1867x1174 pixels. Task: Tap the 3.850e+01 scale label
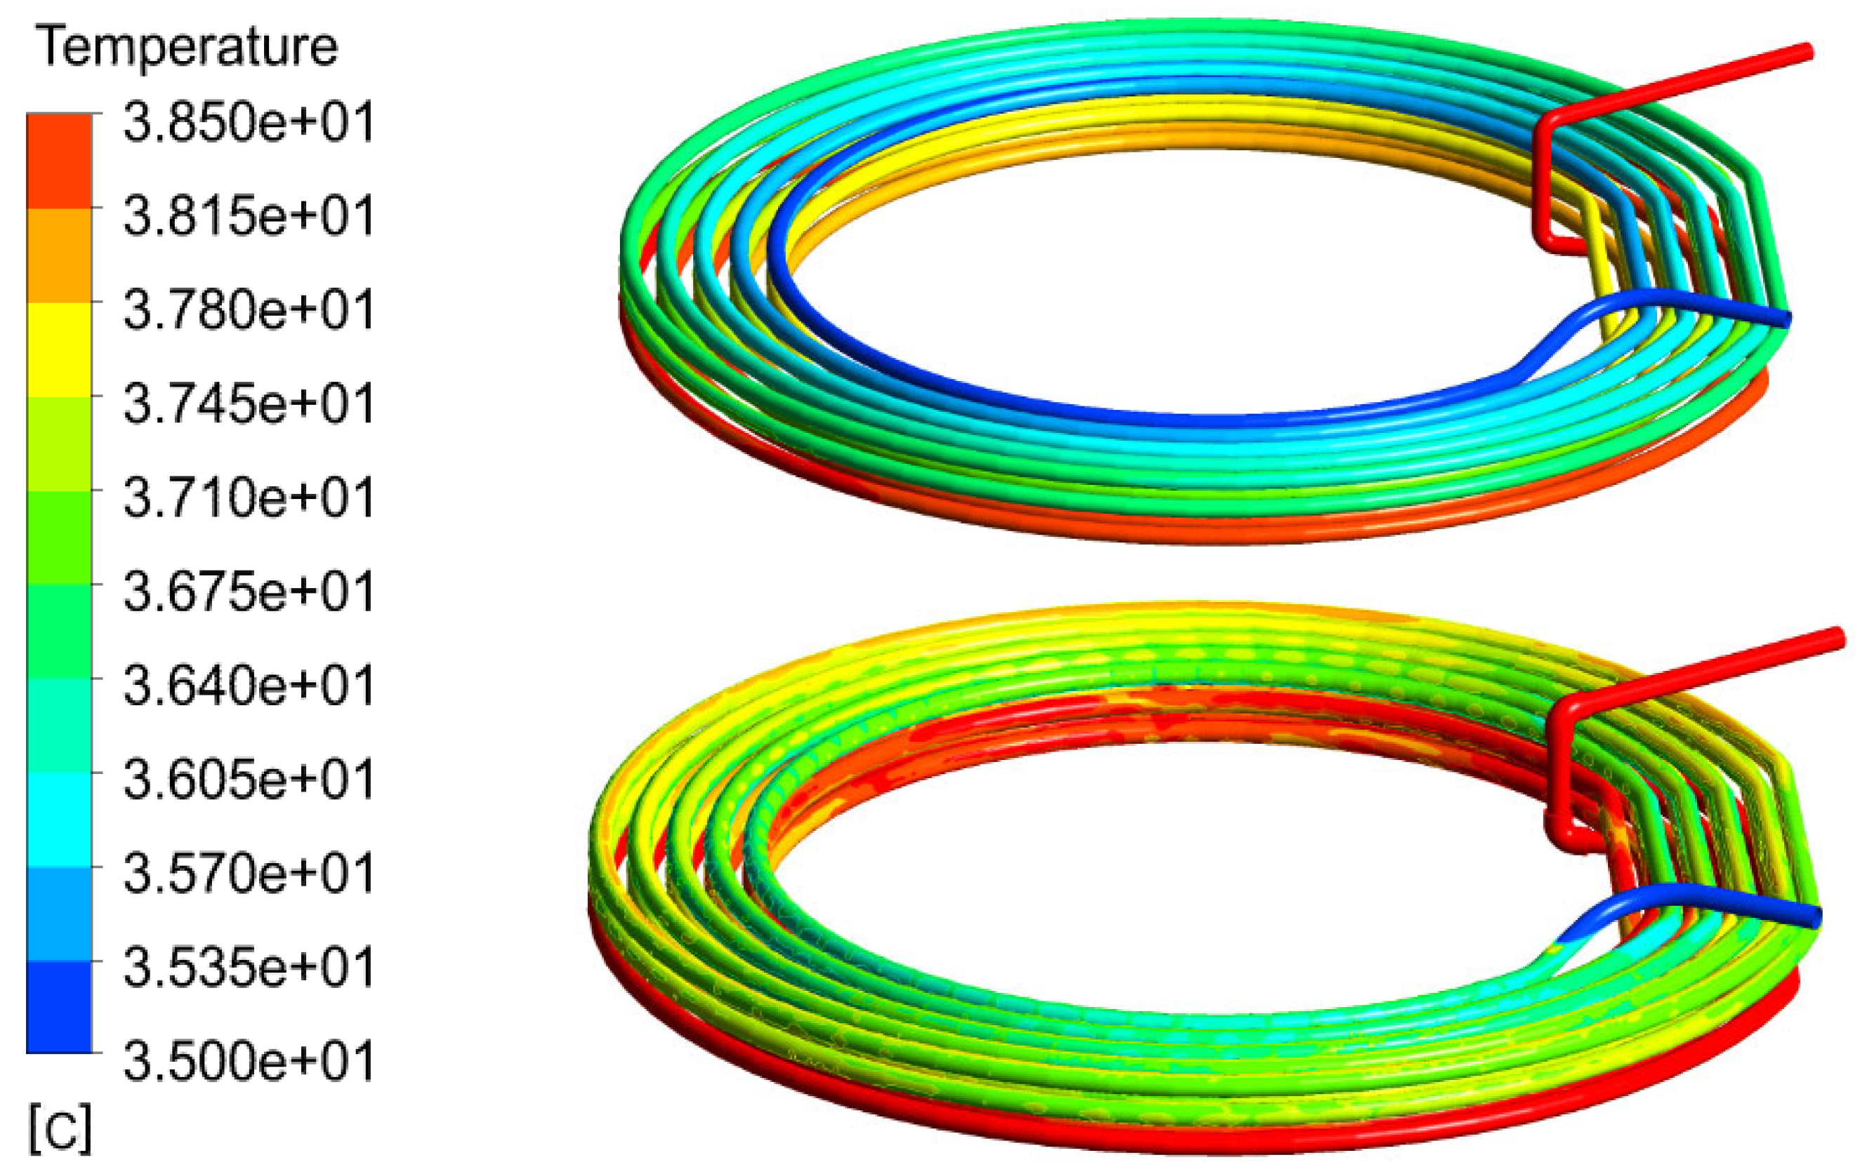coord(248,121)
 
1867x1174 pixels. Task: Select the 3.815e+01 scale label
coord(248,215)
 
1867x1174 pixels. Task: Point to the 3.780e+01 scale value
coord(248,309)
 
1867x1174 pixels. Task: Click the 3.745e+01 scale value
coord(248,403)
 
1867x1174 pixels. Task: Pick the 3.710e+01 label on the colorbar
coord(248,497)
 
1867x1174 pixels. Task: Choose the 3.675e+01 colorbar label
coord(248,592)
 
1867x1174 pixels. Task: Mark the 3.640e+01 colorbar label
coord(248,685)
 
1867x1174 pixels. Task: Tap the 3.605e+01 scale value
coord(248,779)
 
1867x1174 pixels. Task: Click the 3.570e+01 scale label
coord(248,872)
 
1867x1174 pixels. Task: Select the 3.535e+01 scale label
coord(248,966)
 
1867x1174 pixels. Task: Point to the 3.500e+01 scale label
coord(248,1060)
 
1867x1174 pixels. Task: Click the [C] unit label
coord(60,1130)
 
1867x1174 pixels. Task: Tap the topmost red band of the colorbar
coord(59,161)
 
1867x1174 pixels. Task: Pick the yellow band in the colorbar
coord(59,349)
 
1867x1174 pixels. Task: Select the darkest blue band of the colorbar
coord(59,1006)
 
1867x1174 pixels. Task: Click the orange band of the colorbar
coord(59,255)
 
